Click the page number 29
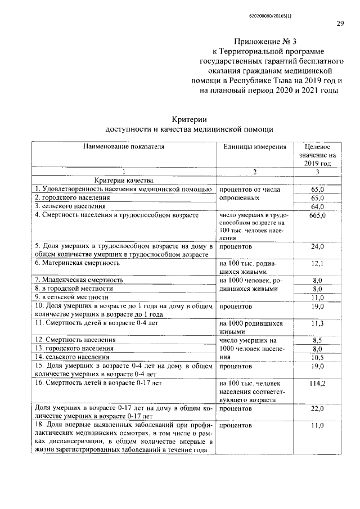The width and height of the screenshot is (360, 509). (340, 23)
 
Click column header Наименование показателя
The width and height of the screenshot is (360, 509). (124, 146)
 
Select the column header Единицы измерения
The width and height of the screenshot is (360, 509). (255, 146)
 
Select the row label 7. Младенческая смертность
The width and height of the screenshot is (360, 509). (79, 280)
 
